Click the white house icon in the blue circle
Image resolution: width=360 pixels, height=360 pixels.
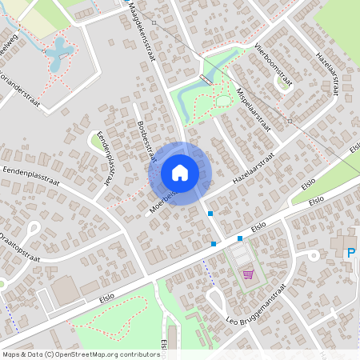tap(180, 172)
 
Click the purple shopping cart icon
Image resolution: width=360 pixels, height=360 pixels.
tap(248, 274)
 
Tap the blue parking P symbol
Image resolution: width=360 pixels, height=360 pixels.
tap(350, 254)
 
